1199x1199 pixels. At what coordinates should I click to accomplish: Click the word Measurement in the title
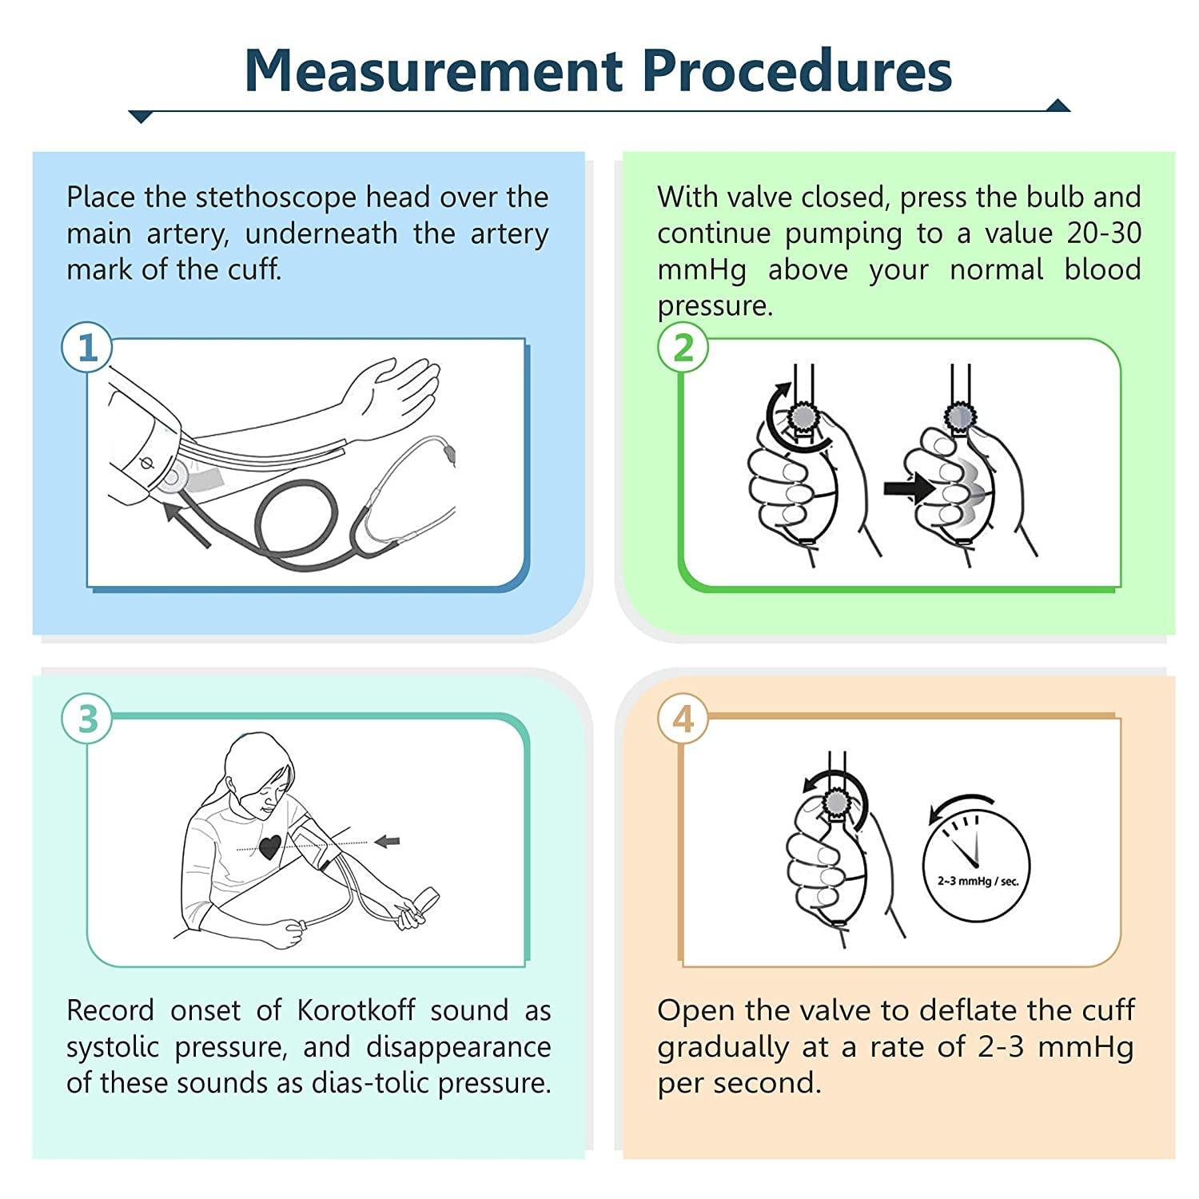tap(432, 70)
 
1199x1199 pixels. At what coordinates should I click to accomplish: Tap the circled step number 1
tap(87, 348)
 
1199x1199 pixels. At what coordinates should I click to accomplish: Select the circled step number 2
tap(683, 348)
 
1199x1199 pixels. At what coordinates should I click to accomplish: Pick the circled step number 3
tap(87, 719)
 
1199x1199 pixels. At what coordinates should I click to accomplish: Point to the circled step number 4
tap(683, 719)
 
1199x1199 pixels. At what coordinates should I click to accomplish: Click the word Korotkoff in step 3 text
tap(356, 1010)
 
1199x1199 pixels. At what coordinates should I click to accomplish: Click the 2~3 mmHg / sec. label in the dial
tap(978, 881)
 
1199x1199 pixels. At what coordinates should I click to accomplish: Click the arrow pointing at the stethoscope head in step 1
tap(187, 524)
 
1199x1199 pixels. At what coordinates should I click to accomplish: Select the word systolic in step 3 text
tap(113, 1047)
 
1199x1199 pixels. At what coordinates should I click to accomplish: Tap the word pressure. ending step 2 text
tap(715, 306)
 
